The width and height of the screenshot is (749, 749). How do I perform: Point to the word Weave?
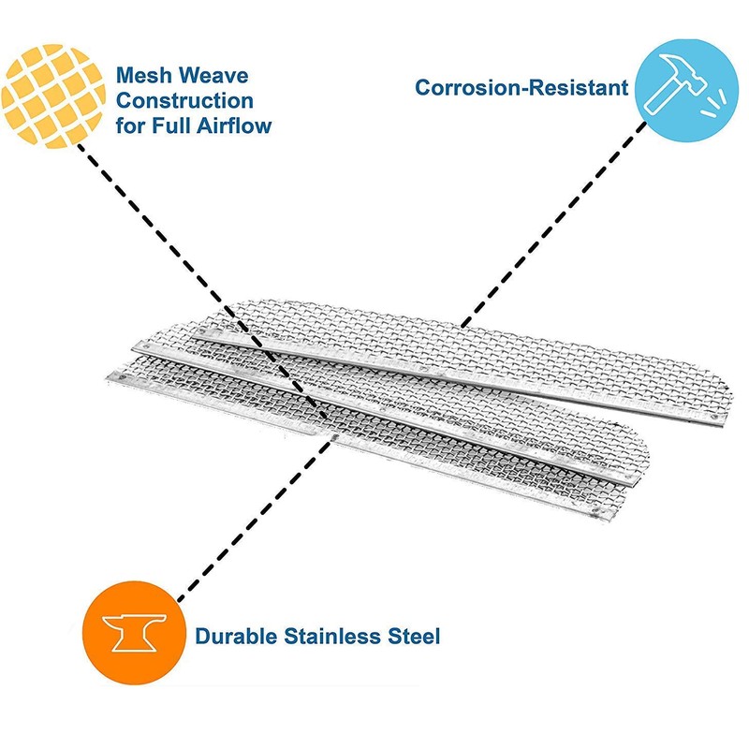click(218, 75)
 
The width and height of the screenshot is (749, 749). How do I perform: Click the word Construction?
click(184, 99)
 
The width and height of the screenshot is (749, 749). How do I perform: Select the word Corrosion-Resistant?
click(521, 88)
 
